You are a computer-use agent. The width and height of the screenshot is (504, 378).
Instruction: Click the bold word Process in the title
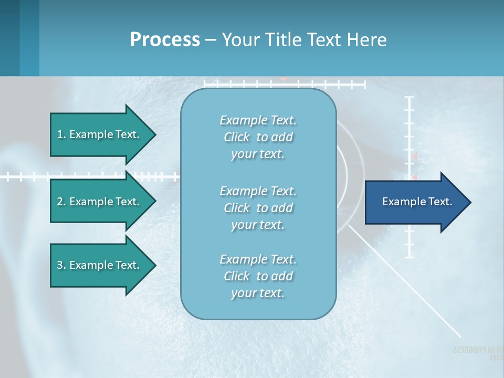[165, 40]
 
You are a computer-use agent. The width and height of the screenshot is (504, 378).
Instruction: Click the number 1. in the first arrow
[61, 134]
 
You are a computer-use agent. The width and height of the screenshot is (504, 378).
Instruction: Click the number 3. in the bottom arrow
[61, 265]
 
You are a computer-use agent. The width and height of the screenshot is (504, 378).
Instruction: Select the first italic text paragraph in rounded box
[258, 137]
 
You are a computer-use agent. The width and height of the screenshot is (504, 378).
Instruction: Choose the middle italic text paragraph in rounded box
[258, 208]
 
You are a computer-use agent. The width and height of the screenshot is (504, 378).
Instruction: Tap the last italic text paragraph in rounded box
[258, 276]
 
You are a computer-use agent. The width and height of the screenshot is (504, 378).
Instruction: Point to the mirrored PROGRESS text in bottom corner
[476, 350]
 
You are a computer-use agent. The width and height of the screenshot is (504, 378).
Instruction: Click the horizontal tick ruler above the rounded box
[283, 83]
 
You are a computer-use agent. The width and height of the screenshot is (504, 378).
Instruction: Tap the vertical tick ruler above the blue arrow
[409, 131]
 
